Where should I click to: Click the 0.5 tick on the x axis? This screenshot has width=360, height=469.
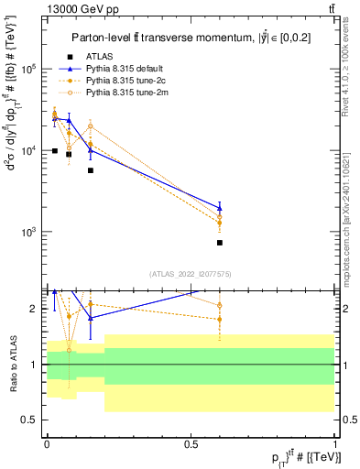[191, 443]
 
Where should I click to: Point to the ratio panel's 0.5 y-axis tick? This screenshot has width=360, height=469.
[32, 420]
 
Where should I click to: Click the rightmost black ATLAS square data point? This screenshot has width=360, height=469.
[220, 243]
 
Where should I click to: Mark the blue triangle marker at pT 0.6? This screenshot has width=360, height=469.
[220, 207]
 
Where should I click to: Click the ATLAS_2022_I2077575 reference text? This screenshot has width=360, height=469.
[191, 272]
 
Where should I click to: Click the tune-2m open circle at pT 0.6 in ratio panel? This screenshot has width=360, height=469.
[220, 305]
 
